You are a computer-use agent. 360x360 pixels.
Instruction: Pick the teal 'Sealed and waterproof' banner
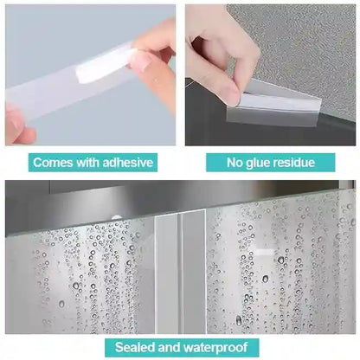click(x=180, y=348)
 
